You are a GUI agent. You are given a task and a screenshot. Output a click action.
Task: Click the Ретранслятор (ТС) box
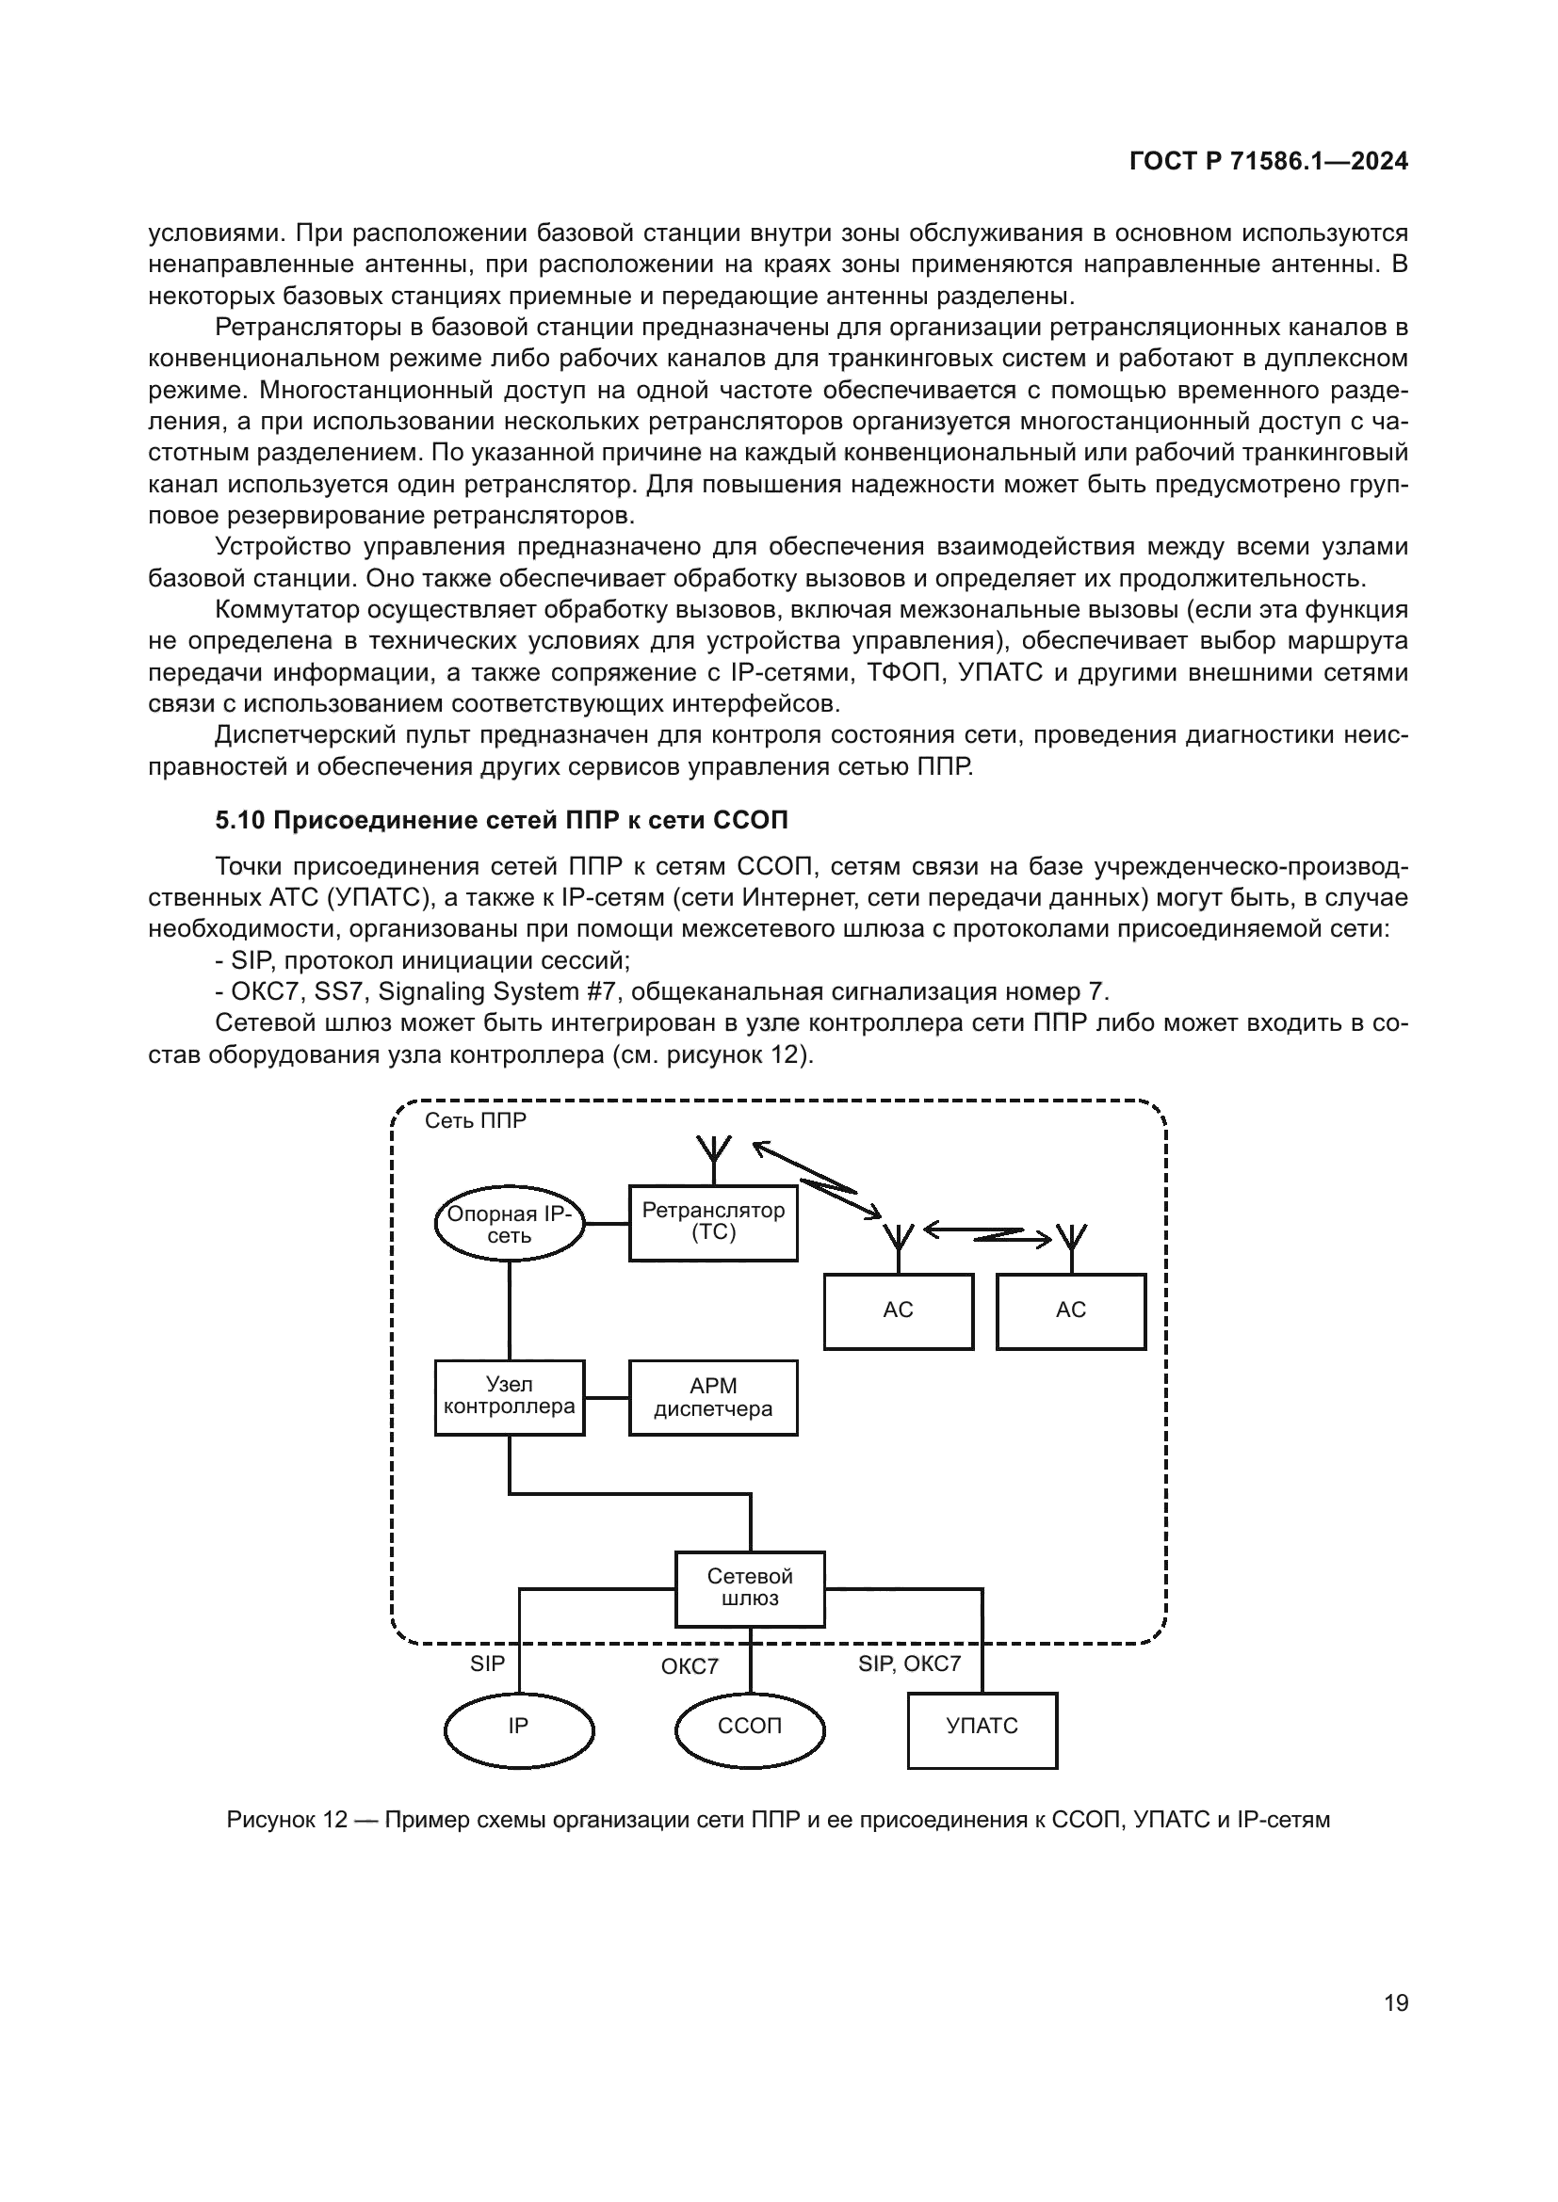(713, 1223)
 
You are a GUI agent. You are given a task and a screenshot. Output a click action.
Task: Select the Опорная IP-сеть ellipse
(509, 1224)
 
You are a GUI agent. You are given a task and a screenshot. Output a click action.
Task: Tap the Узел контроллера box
(509, 1396)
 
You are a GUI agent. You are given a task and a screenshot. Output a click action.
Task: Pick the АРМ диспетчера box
(713, 1397)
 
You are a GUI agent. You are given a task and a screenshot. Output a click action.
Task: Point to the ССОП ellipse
(749, 1726)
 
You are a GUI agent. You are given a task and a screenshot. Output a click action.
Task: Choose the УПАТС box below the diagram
(982, 1727)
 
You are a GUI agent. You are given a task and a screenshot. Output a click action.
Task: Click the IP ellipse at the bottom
(518, 1726)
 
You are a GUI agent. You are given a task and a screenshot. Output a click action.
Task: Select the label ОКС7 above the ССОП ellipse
(689, 1667)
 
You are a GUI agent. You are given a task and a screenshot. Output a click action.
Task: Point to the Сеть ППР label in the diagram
(475, 1121)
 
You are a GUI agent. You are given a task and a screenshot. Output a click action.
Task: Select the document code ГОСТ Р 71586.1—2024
(1268, 162)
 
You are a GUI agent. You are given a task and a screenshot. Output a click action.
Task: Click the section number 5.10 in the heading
(240, 820)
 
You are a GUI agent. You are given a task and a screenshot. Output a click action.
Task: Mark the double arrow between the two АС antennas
(987, 1234)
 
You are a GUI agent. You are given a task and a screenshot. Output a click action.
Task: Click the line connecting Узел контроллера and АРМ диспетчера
(607, 1397)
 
